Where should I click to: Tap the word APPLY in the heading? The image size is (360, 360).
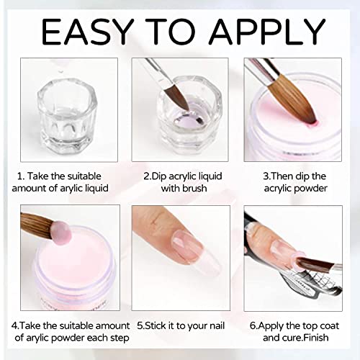tap(267, 31)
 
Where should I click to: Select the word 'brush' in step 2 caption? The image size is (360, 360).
tap(194, 188)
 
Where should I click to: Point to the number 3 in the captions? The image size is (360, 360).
tap(266, 176)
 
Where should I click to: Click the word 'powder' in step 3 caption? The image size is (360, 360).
tap(310, 189)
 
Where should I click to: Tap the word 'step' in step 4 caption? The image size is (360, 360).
tap(120, 338)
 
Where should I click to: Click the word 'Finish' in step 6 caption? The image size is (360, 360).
tap(316, 338)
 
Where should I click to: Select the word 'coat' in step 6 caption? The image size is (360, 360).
tap(329, 326)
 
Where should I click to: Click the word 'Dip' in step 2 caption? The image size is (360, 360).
tap(159, 176)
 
